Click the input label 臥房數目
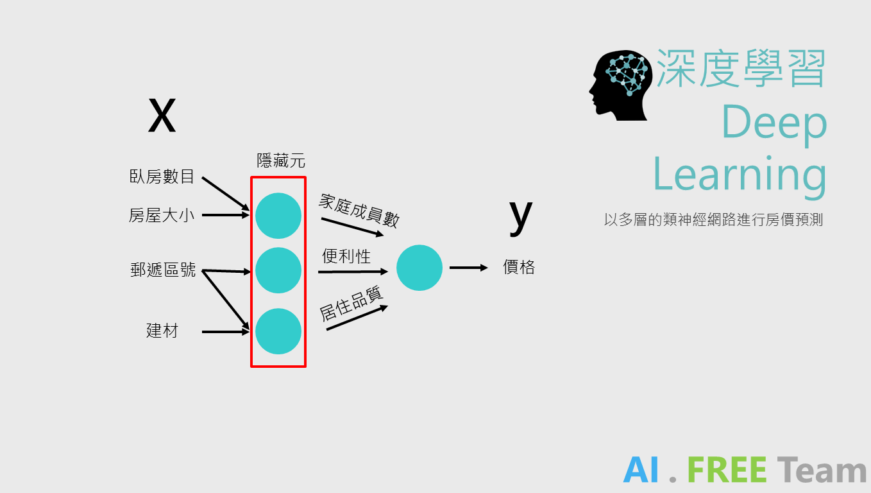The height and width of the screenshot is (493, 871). tap(162, 177)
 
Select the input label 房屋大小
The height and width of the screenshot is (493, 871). tap(162, 215)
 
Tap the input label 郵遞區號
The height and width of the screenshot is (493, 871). tap(163, 270)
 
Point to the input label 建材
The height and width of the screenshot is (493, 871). tap(162, 331)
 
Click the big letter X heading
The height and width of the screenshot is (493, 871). tap(162, 116)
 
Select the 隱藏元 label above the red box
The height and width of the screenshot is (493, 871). tap(281, 161)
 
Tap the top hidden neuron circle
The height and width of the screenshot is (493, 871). tap(278, 216)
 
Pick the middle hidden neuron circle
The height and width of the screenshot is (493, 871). tap(278, 270)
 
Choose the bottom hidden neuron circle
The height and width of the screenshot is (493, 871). tap(278, 331)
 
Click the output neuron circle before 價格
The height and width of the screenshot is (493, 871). tap(419, 268)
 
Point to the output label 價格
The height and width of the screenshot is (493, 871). tap(519, 268)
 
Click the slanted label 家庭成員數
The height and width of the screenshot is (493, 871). tap(359, 211)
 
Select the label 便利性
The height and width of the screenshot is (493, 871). tap(346, 257)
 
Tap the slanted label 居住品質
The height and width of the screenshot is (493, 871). tap(351, 303)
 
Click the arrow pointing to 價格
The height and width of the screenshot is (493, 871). tap(468, 268)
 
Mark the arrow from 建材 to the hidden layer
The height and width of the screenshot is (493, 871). tap(225, 332)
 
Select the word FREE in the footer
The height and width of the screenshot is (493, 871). tap(727, 471)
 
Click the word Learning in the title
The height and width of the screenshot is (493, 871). tap(740, 174)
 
